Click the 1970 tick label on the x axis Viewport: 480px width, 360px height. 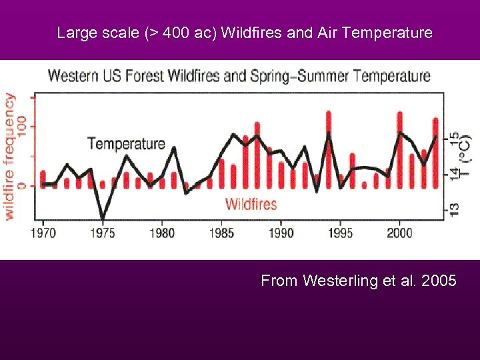(x=43, y=233)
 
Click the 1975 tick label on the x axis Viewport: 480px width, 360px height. (x=103, y=233)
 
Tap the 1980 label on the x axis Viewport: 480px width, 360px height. (x=162, y=233)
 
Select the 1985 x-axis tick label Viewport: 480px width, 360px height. (x=221, y=233)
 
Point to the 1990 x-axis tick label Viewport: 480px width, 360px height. (x=281, y=233)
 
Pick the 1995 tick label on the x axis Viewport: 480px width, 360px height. (x=340, y=233)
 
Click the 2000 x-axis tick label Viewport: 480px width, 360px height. (x=399, y=233)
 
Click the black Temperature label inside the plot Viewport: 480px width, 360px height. (x=126, y=143)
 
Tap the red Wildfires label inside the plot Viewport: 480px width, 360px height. (x=251, y=203)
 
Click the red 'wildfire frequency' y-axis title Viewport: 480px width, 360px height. (x=10, y=156)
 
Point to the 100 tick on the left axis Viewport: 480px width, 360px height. (x=22, y=126)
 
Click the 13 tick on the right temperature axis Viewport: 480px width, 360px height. (x=454, y=209)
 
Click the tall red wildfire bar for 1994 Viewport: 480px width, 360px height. (x=329, y=150)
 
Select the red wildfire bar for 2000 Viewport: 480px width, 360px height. (x=400, y=150)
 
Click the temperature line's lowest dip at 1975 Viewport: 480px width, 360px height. (x=103, y=217)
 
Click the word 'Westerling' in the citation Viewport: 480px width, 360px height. (x=335, y=281)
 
